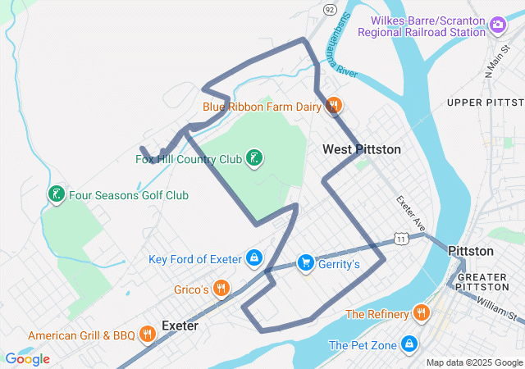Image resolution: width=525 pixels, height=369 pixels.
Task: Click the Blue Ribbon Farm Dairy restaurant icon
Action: pos(334,106)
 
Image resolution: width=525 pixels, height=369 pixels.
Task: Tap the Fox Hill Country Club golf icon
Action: pos(254,158)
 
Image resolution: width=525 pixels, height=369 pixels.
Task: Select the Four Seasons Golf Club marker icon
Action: pos(56,195)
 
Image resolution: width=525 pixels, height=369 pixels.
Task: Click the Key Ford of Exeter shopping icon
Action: pos(254,259)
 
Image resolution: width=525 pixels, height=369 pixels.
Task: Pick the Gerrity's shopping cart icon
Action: pos(305,262)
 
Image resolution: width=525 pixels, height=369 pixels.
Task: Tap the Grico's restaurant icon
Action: pos(221,289)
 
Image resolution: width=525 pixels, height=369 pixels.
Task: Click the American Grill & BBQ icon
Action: pos(148,335)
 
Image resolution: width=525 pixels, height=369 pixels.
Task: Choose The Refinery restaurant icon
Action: pos(421,313)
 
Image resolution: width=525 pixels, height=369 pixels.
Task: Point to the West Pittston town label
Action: pos(362,149)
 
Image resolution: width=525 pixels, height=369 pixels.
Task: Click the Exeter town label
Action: pos(180,326)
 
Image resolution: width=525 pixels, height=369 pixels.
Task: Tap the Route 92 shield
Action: pos(330,9)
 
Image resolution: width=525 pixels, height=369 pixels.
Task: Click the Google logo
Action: pos(27,358)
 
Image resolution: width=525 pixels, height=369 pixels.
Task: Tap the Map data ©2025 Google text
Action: pos(473,362)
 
